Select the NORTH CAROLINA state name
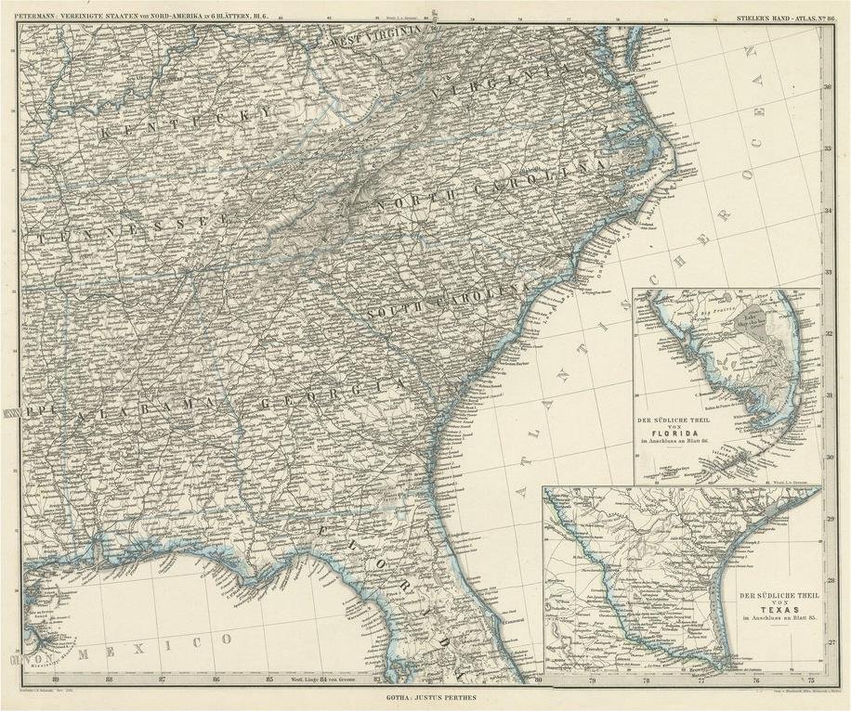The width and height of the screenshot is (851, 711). pos(482,184)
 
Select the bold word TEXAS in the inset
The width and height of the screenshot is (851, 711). pos(758,610)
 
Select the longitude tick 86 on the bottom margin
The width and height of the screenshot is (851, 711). pos(216,679)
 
